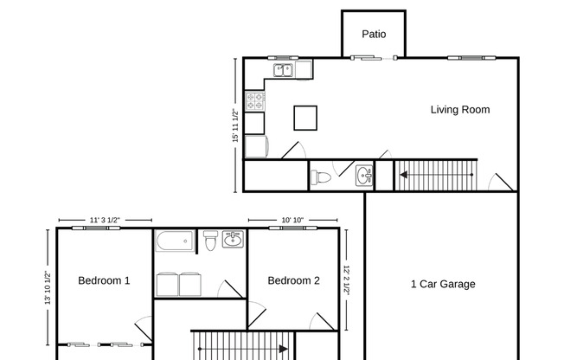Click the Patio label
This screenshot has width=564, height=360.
(x=373, y=35)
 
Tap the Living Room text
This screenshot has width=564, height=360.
(x=460, y=110)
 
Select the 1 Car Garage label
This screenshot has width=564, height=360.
(x=442, y=284)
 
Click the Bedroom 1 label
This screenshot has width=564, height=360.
(x=104, y=280)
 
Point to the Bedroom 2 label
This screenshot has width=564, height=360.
(x=293, y=280)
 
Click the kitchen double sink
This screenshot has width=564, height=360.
(x=285, y=70)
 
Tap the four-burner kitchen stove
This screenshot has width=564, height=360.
(x=254, y=101)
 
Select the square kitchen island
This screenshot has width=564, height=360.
(x=305, y=117)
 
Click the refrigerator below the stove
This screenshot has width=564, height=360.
(x=255, y=145)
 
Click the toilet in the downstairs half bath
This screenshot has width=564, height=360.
(x=321, y=177)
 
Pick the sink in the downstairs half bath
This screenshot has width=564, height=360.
(x=365, y=176)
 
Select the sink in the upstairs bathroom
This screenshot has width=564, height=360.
(x=233, y=239)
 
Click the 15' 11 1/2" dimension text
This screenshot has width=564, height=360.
(x=234, y=125)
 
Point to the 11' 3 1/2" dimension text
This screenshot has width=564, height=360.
(x=104, y=220)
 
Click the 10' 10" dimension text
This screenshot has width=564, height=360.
(x=292, y=220)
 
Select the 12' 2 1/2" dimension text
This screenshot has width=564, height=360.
(x=346, y=280)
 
